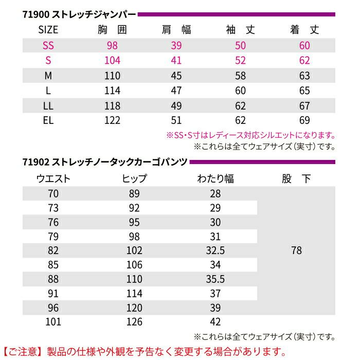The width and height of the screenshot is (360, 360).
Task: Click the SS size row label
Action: click(48, 46)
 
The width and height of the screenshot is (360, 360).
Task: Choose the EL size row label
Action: click(48, 121)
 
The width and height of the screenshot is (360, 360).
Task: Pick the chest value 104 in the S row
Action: click(112, 61)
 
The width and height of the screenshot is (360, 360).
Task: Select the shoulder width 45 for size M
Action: click(176, 76)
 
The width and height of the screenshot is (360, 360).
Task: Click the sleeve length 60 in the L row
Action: click(241, 91)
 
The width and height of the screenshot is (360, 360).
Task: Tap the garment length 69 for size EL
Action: click(304, 121)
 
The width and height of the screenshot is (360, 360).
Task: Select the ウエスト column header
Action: click(53, 179)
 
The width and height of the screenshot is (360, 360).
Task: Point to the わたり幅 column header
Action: click(215, 179)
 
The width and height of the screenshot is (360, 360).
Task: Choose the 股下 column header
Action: click(296, 179)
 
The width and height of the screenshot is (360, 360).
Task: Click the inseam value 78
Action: click(296, 251)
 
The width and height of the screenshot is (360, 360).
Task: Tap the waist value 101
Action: click(53, 322)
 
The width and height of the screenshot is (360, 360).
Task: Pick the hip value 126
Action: click(135, 322)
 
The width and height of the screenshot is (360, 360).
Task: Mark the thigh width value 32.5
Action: click(215, 251)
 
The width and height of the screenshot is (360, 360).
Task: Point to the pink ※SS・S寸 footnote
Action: click(250, 136)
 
